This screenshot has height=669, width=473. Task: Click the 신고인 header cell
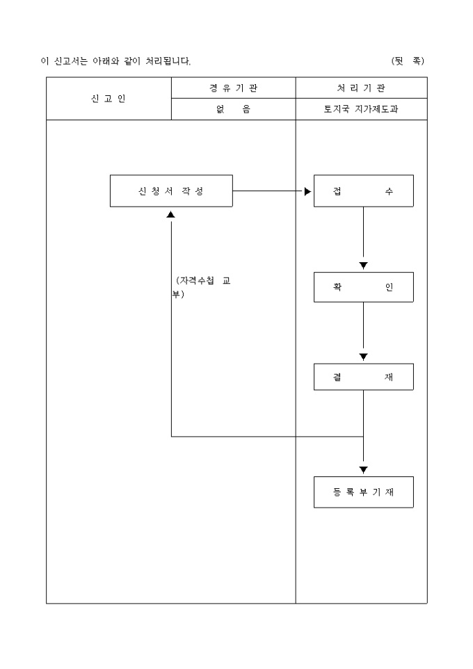coord(109,99)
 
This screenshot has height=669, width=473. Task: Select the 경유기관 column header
coord(233,88)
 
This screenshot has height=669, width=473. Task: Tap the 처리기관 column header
coord(361,88)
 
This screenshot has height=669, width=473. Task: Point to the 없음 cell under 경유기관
coord(233,109)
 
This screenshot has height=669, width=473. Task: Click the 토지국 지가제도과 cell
coord(361,109)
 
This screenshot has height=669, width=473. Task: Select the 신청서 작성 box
coord(171,191)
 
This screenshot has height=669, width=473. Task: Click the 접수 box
coord(363,191)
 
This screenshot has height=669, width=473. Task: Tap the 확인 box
coord(363,287)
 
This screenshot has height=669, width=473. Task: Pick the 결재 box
coord(363,376)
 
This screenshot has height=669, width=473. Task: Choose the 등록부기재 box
coord(363,492)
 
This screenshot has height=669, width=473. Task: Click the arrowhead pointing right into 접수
coord(308,191)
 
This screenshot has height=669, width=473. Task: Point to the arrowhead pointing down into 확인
coord(363,266)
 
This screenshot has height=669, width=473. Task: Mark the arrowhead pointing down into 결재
coord(363,357)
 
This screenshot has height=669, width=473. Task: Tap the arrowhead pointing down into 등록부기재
coord(363,470)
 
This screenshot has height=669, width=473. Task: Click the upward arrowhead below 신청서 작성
coord(171,214)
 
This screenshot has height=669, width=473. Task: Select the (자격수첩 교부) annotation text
coord(202,287)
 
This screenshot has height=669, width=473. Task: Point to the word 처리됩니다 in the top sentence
coord(168,61)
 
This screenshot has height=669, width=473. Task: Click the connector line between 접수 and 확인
coord(363,233)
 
